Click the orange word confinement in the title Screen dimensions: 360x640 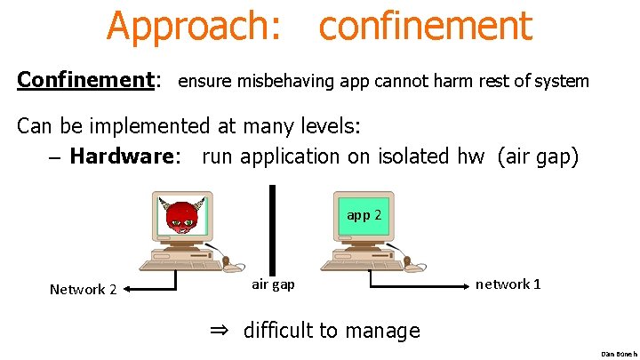click(425, 26)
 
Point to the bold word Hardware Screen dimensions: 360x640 click(124, 156)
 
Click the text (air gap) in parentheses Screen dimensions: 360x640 click(539, 156)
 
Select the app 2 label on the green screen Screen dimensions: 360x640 click(364, 214)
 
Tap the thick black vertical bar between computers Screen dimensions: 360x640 click(272, 226)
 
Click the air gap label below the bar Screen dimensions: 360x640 click(274, 284)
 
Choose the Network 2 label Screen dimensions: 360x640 click(83, 289)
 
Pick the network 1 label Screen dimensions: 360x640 click(508, 284)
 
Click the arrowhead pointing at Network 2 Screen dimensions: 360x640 click(126, 288)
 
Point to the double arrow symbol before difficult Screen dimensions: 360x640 click(220, 331)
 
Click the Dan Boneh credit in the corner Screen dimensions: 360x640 click(619, 353)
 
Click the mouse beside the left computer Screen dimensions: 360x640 click(234, 265)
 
